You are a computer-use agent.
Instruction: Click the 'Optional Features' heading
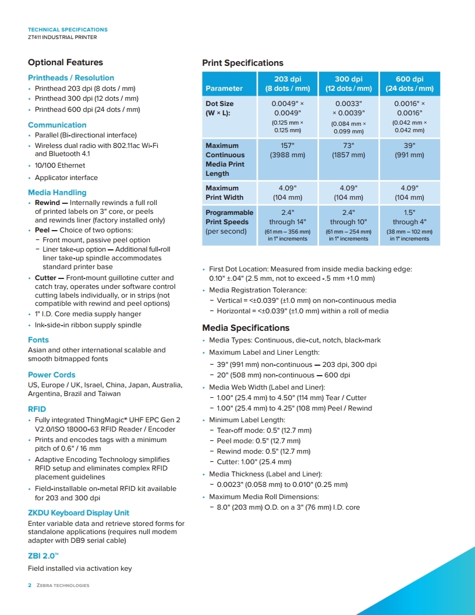coord(65,62)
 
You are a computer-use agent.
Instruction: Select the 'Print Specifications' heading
coord(242,63)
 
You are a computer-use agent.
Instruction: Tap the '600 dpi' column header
coord(409,84)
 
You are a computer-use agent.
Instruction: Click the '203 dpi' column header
coord(288,84)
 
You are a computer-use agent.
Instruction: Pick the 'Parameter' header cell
coord(224,89)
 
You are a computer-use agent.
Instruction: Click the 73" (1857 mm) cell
coord(349,150)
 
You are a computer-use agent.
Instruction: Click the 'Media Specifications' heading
coord(245,328)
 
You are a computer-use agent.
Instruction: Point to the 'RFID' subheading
coord(37,409)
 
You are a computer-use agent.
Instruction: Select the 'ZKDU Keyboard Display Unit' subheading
coord(79,513)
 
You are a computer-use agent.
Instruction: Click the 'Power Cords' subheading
coord(51,374)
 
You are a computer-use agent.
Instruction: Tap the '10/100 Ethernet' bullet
coord(60,165)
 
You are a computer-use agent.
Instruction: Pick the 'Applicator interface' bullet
coord(66,178)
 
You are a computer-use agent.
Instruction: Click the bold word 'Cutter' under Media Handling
coord(45,278)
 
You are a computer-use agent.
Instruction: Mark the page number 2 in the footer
coord(30,585)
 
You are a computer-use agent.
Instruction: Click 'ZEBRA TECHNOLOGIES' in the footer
coord(63,585)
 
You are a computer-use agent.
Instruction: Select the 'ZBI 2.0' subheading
coord(43,556)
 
